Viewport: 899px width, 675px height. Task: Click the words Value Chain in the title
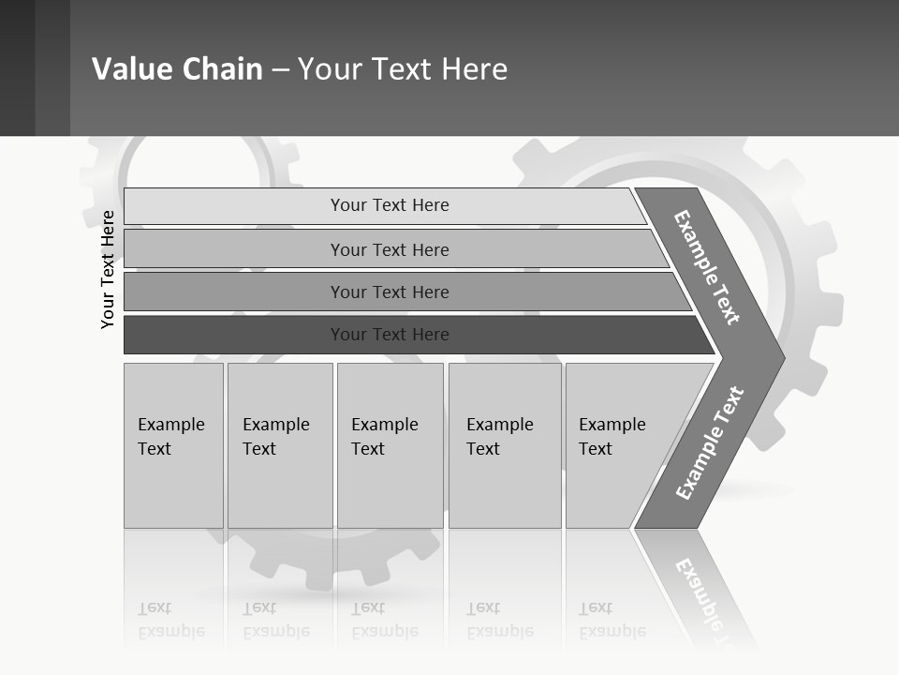pos(177,69)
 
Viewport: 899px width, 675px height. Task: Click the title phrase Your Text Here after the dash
pos(403,69)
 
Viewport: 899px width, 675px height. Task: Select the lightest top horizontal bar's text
pos(390,205)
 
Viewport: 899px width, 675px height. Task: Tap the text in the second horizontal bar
pos(390,250)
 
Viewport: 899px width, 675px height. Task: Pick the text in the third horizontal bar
pos(390,292)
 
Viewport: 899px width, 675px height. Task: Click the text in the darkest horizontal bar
pos(390,335)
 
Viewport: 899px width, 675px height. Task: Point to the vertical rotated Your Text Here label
pos(108,269)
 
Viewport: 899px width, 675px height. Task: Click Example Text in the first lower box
pos(170,437)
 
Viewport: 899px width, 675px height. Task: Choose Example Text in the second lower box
pos(275,437)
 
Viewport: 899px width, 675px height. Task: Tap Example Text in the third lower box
pos(384,437)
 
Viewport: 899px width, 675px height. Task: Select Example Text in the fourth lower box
pos(499,437)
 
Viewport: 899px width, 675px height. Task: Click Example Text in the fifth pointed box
pos(612,437)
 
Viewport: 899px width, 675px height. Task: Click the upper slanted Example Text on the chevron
pos(707,267)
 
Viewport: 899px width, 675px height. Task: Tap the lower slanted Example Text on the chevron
pos(710,443)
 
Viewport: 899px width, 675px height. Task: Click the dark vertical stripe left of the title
pos(52,67)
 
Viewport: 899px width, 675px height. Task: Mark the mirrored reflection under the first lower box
pos(170,620)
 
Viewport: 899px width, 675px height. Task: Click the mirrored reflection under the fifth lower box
pos(612,620)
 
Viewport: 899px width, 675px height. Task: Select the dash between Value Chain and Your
pos(280,69)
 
